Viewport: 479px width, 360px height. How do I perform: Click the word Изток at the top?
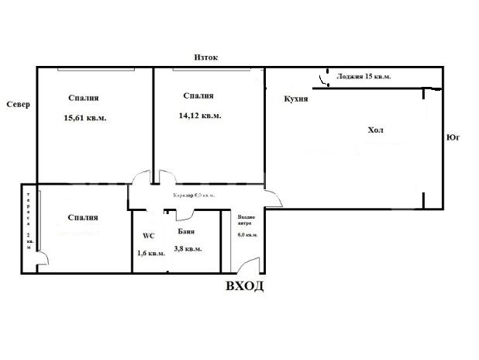[x=206, y=57]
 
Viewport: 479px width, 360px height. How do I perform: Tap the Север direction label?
[x=16, y=105]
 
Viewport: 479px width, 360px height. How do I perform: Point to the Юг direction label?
[x=454, y=137]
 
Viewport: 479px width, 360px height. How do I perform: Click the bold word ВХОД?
[x=244, y=286]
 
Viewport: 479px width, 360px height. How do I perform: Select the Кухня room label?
[x=297, y=99]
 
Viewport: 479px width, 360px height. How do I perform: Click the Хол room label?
[x=376, y=130]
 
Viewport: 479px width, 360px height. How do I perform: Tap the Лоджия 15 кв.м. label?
[x=364, y=77]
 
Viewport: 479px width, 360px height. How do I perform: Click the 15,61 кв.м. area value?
[x=85, y=118]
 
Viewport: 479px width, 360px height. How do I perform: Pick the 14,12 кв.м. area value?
[x=200, y=116]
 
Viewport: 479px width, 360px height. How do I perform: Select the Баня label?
[x=185, y=232]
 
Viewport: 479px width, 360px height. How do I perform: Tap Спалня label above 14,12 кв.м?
[x=199, y=96]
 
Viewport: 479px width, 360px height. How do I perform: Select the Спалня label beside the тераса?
[x=82, y=217]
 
